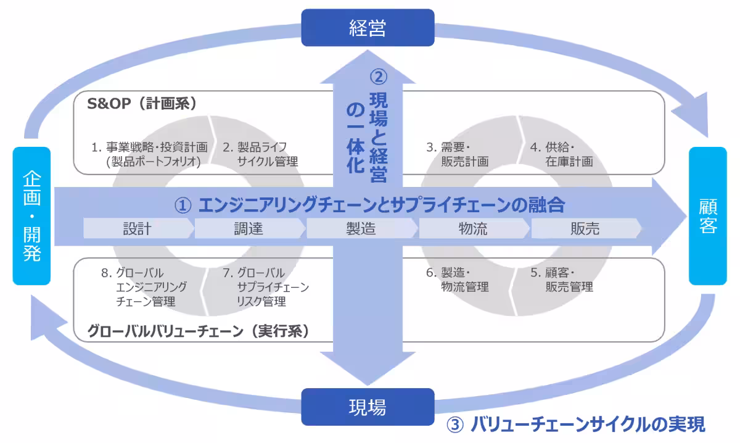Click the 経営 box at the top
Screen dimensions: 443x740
(x=368, y=28)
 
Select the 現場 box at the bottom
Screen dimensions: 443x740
(x=368, y=407)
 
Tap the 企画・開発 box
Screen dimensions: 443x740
(x=31, y=217)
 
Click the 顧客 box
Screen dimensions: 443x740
(x=708, y=217)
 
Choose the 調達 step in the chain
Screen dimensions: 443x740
(x=249, y=229)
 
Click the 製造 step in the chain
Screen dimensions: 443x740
(x=361, y=229)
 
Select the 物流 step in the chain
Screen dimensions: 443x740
(x=473, y=229)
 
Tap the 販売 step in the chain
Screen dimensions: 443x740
(x=585, y=229)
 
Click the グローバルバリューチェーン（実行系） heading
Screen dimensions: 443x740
(x=198, y=331)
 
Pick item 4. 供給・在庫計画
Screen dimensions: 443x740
(x=561, y=154)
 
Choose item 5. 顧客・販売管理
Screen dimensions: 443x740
(x=561, y=279)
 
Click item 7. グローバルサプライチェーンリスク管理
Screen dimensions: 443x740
(x=266, y=287)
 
